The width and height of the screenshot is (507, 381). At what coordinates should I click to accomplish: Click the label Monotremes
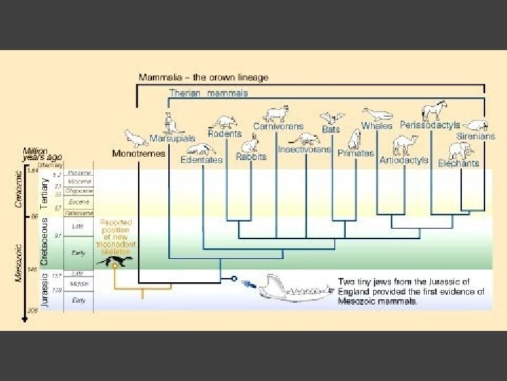(139, 153)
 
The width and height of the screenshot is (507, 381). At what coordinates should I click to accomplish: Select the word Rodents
(225, 133)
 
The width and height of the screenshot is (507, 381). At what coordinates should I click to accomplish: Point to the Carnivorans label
(278, 127)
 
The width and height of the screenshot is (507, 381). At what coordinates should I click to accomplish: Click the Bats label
(330, 130)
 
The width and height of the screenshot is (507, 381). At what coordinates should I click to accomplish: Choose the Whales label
(377, 126)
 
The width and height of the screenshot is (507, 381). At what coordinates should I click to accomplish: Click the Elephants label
(458, 163)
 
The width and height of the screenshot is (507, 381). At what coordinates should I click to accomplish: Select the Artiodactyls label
(403, 160)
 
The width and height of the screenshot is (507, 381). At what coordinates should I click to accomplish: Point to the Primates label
(355, 153)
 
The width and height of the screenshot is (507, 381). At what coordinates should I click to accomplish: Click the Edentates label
(201, 159)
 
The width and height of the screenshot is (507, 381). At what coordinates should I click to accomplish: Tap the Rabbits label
(251, 157)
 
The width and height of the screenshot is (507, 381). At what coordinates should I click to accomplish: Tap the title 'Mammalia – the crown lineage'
(203, 77)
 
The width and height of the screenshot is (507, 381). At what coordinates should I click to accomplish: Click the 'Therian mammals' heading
(208, 93)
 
